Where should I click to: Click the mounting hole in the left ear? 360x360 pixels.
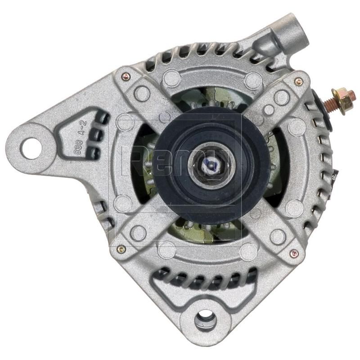(x=31, y=148)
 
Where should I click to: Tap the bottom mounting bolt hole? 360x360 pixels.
(x=205, y=320)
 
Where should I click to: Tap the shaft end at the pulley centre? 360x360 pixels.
(x=210, y=165)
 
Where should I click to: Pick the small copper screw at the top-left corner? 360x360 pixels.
(x=126, y=76)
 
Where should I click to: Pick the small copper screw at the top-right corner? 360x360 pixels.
(x=298, y=81)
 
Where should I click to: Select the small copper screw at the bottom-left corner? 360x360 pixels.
(x=121, y=248)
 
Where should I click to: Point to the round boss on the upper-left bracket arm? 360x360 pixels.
(x=142, y=93)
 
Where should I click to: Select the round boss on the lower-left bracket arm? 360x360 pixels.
(x=138, y=233)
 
